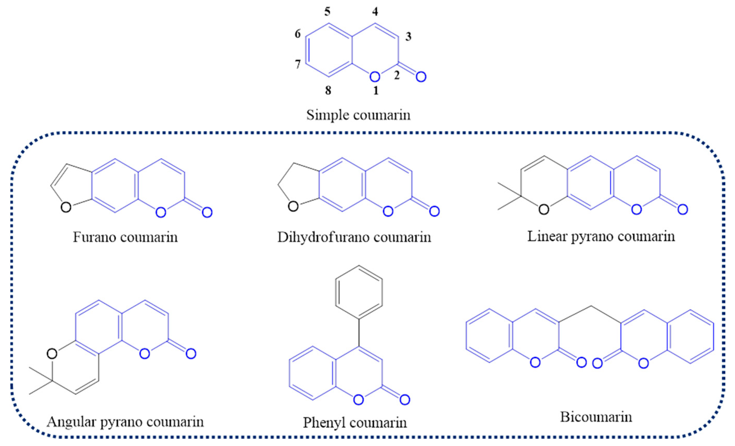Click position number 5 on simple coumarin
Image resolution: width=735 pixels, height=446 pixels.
[328, 12]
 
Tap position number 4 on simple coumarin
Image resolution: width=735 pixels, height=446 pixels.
[375, 12]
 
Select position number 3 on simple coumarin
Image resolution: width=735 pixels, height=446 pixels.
[408, 37]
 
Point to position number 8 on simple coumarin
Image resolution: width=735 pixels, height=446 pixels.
[328, 90]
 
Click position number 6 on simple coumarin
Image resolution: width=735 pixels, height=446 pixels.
[298, 34]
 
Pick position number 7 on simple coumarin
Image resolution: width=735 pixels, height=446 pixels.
[298, 64]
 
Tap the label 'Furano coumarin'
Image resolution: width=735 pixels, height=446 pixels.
[125, 237]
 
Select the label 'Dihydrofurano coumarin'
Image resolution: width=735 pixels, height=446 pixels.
[354, 237]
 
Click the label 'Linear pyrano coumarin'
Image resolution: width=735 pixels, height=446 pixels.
[601, 236]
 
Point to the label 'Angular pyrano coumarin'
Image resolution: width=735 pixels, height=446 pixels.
[125, 422]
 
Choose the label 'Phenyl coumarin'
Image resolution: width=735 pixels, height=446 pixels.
[355, 422]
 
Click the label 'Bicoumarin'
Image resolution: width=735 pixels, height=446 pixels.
[596, 417]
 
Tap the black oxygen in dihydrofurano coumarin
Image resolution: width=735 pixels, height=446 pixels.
[293, 206]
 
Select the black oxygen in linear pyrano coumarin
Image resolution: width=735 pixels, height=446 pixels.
[544, 210]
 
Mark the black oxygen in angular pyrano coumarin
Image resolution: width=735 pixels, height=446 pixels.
[52, 354]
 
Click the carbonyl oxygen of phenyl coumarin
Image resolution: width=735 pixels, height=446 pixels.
[404, 400]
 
